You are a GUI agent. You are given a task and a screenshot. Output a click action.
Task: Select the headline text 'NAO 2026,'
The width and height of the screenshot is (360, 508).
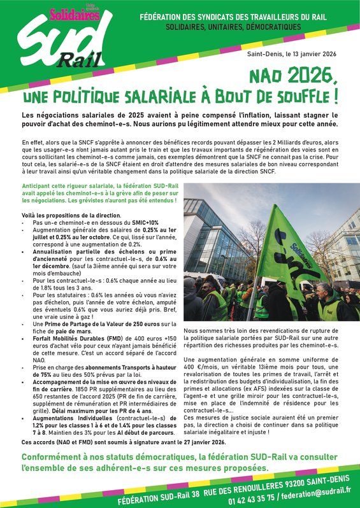point(297,77)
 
